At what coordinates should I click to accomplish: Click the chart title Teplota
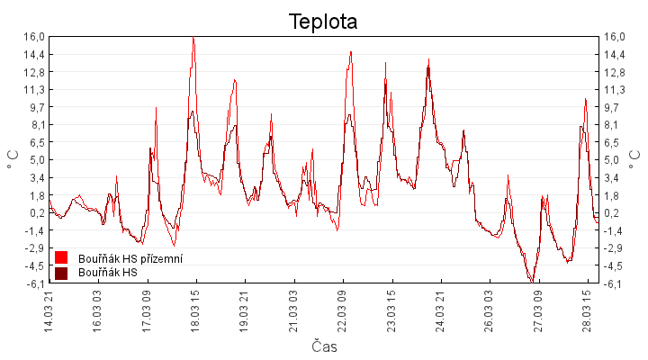[x=323, y=21]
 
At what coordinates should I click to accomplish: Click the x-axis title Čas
[x=324, y=346]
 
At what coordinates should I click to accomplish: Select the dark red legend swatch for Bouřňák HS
[x=62, y=273]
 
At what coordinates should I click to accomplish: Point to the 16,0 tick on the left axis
[x=33, y=37]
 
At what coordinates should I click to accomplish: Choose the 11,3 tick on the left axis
[x=33, y=89]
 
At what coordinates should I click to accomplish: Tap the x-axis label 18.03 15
[x=195, y=310]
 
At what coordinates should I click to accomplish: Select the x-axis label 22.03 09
[x=342, y=310]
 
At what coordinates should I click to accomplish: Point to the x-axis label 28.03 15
[x=586, y=310]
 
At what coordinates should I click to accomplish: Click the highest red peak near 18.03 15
[x=193, y=37]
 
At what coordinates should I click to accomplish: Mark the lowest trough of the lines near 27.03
[x=532, y=282]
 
